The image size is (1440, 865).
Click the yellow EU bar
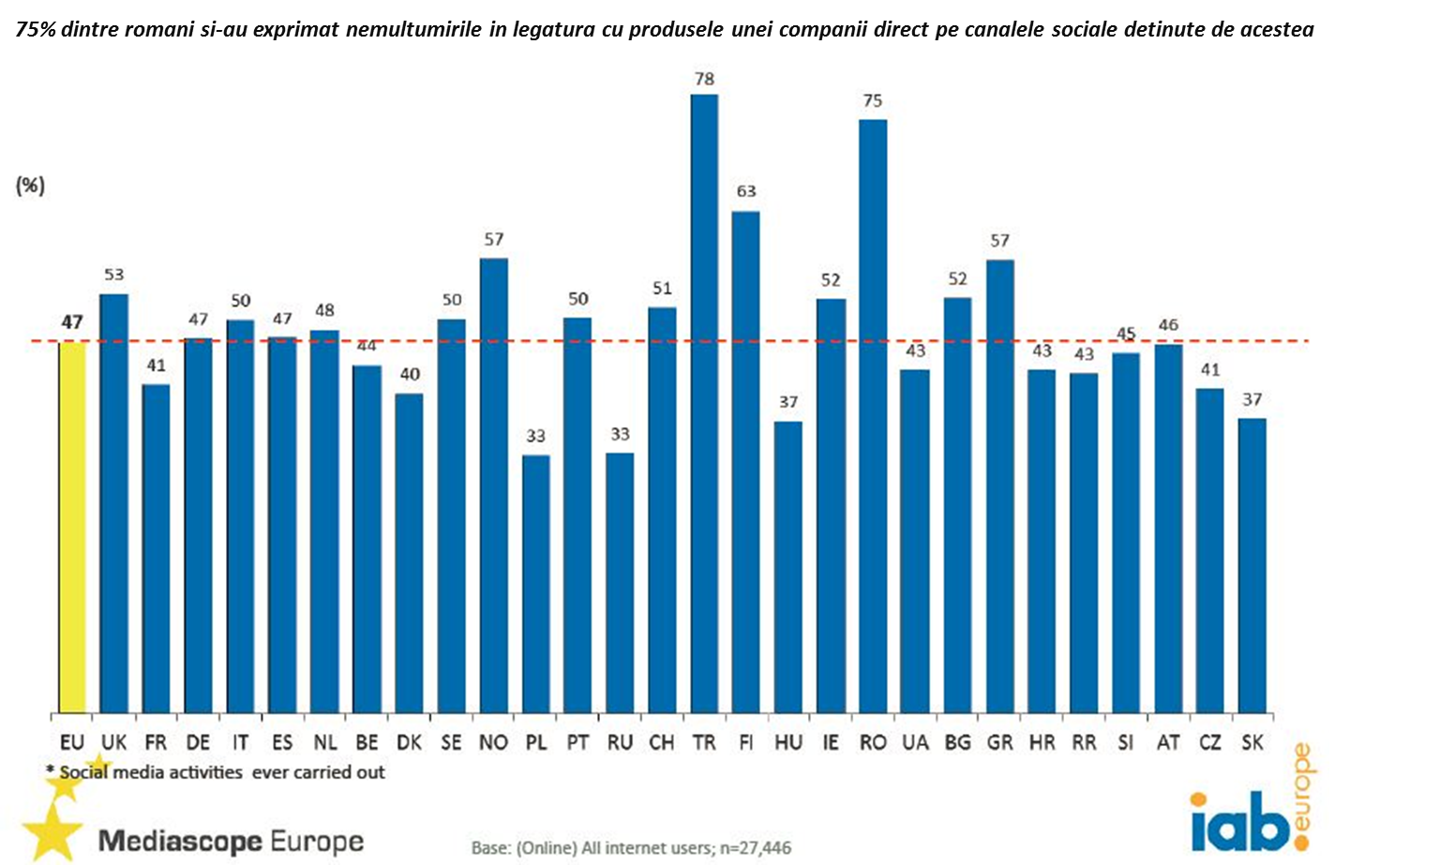[x=72, y=527]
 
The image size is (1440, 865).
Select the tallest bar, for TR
[x=704, y=403]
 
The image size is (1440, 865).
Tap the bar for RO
[x=873, y=416]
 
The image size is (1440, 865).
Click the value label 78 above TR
[x=704, y=80]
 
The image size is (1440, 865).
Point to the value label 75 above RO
[x=873, y=101]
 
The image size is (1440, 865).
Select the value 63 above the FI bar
[x=746, y=191]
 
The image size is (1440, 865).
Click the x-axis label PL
[x=536, y=743]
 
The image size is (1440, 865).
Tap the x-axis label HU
[x=788, y=743]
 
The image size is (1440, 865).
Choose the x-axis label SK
[x=1252, y=743]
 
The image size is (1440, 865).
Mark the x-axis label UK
[x=113, y=743]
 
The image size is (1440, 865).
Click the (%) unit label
[x=30, y=186]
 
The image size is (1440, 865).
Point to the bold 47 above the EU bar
[x=72, y=322]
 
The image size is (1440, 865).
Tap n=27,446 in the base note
[x=756, y=848]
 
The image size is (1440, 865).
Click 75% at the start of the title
[x=36, y=30]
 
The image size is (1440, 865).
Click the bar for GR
[x=999, y=486]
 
